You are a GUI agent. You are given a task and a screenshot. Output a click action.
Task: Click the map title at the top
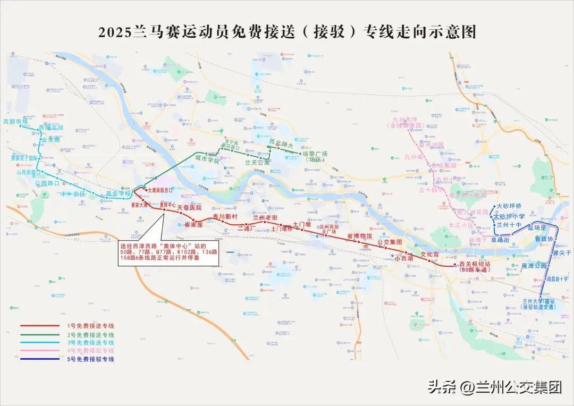tap(287, 32)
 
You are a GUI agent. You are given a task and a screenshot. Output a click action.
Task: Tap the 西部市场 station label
tap(15, 122)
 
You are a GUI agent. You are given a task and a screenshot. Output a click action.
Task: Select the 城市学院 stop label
tap(207, 159)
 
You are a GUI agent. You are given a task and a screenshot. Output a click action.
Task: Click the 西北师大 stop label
tap(281, 142)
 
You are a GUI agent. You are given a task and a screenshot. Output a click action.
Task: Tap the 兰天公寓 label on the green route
tap(257, 163)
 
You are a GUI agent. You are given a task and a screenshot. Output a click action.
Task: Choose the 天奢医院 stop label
tap(189, 207)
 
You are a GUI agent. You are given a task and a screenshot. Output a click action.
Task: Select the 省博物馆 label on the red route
tap(360, 235)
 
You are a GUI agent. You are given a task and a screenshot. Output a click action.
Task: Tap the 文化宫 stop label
tap(430, 255)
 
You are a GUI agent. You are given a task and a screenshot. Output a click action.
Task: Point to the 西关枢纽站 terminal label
tap(474, 264)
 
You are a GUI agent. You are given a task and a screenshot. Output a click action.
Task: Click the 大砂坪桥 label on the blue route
tap(509, 206)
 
